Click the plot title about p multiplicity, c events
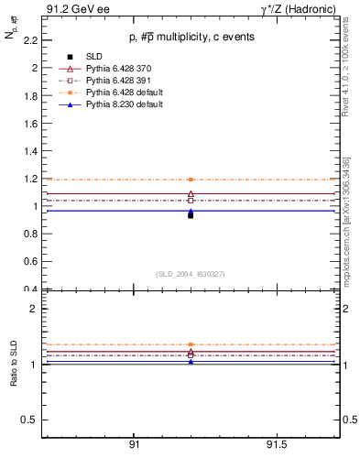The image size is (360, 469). point(190,37)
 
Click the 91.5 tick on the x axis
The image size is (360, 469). point(276,444)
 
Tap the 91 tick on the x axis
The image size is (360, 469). point(134,444)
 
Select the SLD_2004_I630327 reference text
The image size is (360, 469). point(190,274)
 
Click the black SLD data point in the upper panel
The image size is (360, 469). point(191,215)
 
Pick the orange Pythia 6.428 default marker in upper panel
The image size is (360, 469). point(191,180)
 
